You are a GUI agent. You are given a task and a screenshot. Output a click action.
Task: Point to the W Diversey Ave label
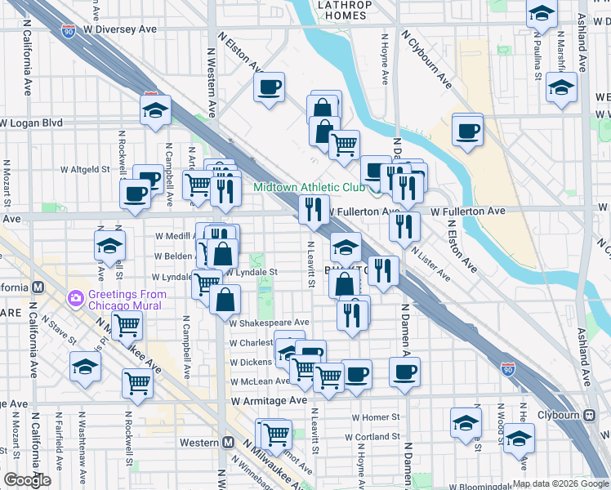pos(118,29)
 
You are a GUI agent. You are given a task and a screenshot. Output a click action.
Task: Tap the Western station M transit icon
pos(229,442)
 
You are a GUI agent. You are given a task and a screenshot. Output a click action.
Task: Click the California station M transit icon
pos(38,287)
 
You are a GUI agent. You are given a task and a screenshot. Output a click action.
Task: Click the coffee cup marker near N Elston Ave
pos(269,87)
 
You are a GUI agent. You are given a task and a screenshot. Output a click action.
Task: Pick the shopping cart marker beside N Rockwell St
pos(138,381)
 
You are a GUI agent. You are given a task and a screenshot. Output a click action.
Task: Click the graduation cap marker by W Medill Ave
pos(109,243)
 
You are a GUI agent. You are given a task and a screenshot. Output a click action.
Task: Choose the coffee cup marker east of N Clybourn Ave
pos(467,130)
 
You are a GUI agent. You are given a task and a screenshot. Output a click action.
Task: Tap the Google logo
pos(27,480)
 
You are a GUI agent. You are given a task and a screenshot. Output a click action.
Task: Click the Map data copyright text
pos(560,483)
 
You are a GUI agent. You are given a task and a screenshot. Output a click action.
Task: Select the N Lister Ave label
pos(430,263)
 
